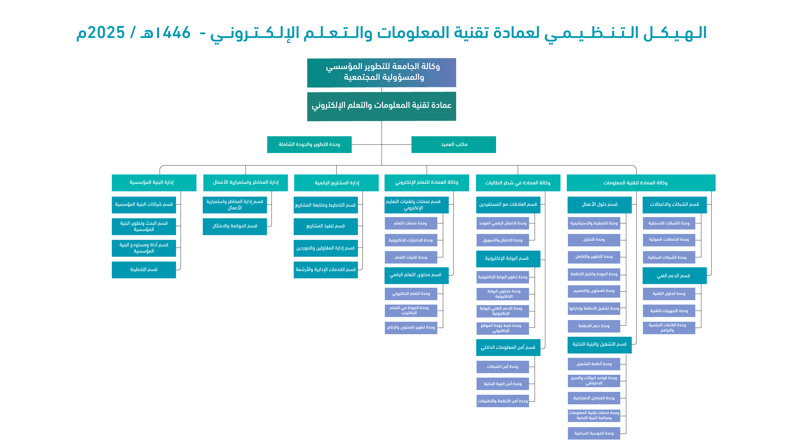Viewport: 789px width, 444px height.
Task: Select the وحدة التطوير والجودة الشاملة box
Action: tap(309, 144)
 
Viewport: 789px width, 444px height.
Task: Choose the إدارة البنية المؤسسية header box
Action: tap(154, 183)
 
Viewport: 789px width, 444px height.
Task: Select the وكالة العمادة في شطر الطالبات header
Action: tap(518, 183)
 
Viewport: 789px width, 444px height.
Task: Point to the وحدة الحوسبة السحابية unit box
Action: tap(594, 433)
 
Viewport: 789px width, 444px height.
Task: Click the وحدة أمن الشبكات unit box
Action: tap(503, 366)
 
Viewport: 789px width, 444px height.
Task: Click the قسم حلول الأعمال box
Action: tap(599, 205)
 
